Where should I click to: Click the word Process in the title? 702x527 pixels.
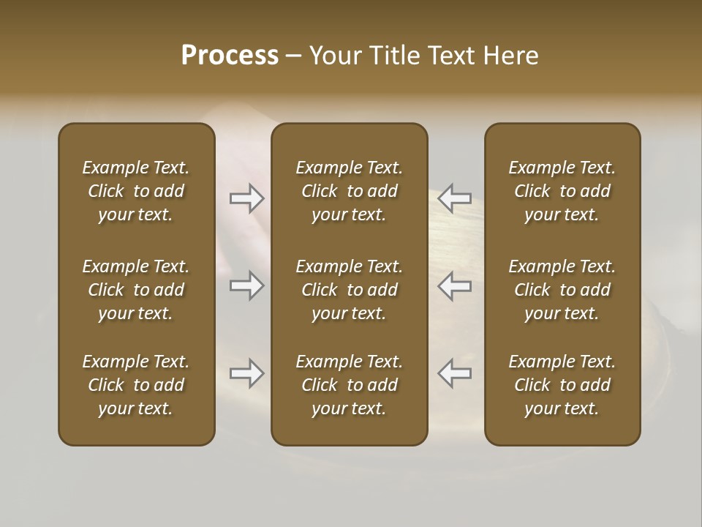tap(230, 56)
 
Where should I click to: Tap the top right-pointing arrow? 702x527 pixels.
tap(246, 198)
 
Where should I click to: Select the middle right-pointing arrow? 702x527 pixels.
tap(246, 285)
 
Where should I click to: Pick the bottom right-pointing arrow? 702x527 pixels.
tap(246, 373)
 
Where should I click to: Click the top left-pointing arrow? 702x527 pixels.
tap(455, 198)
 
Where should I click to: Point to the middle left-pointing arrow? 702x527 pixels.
tap(455, 285)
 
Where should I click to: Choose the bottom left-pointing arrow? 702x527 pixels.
tap(455, 373)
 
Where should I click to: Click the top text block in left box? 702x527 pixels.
tap(136, 191)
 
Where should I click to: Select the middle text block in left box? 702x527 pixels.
tap(136, 290)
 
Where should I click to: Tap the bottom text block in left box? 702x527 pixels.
tap(136, 385)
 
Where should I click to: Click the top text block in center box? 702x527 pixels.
tap(349, 191)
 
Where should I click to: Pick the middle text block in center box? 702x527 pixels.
tap(349, 290)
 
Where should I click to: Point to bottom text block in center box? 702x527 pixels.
tap(349, 385)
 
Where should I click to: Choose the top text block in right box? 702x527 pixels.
tap(562, 191)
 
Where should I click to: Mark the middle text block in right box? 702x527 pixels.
tap(562, 290)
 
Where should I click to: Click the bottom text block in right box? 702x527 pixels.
tap(562, 385)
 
